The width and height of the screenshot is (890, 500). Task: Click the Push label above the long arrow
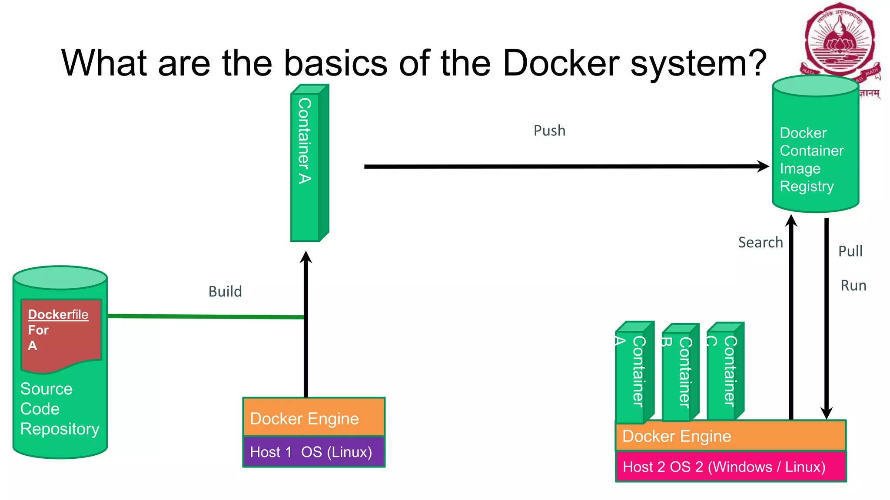click(x=549, y=131)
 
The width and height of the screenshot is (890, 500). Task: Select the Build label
click(x=225, y=291)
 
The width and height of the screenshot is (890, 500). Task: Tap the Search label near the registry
click(x=760, y=242)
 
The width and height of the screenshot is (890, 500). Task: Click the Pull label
click(x=850, y=251)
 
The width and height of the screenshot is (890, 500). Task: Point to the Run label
click(x=853, y=286)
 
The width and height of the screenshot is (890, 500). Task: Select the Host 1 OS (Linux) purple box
click(x=313, y=452)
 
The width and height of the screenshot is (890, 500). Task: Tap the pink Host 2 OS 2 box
click(x=730, y=467)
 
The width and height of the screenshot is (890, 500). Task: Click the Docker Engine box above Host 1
click(x=313, y=418)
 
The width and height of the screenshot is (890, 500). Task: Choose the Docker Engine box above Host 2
click(x=730, y=436)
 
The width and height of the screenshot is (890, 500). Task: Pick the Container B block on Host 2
click(x=680, y=373)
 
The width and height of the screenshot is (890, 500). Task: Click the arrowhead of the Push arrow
click(x=763, y=166)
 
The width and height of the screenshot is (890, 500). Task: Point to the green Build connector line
click(x=204, y=316)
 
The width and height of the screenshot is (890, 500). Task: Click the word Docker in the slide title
click(x=560, y=63)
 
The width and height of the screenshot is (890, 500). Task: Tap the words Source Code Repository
click(x=59, y=409)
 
